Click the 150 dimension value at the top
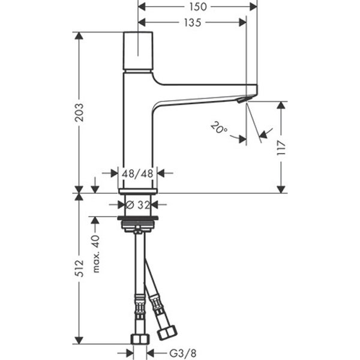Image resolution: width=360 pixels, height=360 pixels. tap(198, 7)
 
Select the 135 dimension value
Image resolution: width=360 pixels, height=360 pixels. tap(193, 23)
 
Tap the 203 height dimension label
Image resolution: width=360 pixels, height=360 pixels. tap(80, 112)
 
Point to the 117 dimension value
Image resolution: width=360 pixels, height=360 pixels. tap(281, 148)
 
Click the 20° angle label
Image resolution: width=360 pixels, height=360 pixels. tap(219, 128)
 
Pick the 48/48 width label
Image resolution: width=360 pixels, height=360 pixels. tap(137, 173)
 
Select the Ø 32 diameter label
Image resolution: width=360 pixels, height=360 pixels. tap(138, 205)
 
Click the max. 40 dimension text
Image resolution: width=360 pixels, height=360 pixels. tap(96, 253)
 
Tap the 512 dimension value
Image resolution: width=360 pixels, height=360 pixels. tap(80, 268)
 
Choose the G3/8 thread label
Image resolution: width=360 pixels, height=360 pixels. tap(183, 353)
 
